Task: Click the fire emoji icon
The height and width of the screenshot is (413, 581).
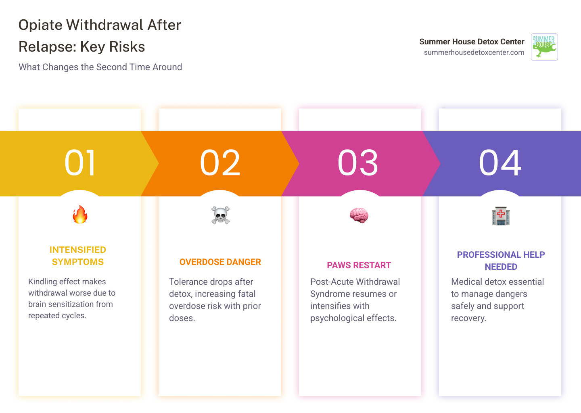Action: point(80,215)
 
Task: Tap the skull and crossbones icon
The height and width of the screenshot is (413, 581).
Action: point(220,215)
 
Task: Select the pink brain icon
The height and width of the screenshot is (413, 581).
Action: point(359,215)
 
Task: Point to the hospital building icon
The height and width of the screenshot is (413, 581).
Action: point(501,216)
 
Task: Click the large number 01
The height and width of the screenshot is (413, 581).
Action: point(80,163)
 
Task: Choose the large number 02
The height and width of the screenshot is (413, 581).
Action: point(220,163)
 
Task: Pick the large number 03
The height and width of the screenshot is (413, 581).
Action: point(358,163)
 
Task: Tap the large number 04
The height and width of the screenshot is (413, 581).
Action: point(500,163)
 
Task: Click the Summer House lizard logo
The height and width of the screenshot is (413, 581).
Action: point(544,47)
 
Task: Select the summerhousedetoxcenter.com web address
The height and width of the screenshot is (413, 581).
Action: point(474,52)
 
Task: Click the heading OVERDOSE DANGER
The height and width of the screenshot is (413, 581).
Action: point(220,262)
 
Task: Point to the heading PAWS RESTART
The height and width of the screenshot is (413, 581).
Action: point(359,265)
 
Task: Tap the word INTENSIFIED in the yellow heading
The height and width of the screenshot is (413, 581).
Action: point(78,250)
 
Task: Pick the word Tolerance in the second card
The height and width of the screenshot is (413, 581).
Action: point(188,282)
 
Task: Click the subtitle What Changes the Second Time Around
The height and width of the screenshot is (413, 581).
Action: point(100,67)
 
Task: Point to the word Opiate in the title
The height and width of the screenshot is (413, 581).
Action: point(40,25)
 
